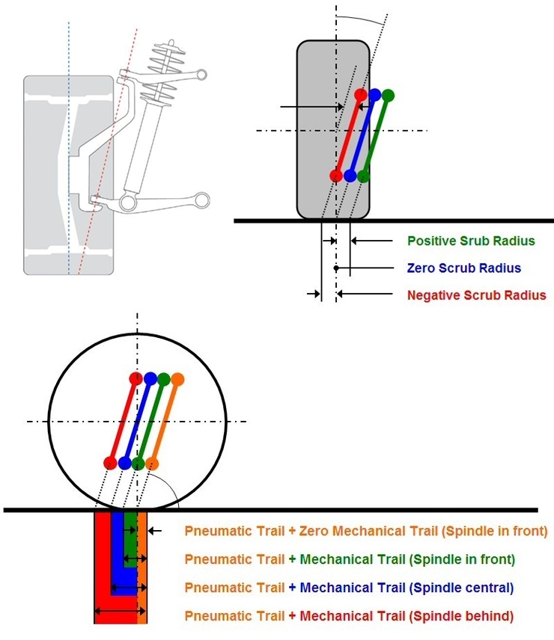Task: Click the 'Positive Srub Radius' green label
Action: coord(471,241)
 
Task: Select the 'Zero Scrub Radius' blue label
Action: coord(463,268)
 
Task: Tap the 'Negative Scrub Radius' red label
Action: coord(476,295)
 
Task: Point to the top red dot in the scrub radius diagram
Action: coord(361,95)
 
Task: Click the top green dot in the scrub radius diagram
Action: coord(387,95)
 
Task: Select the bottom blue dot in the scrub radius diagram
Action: coord(350,176)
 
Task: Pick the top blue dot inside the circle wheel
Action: coord(150,378)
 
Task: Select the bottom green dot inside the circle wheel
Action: coord(138,463)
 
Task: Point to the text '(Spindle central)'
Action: coord(462,588)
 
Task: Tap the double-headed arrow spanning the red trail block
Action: coord(120,612)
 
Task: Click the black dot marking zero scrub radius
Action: coord(337,268)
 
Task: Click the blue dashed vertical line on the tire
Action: coord(69,150)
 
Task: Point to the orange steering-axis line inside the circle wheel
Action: coord(165,420)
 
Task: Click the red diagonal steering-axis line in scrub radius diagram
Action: coord(348,135)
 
